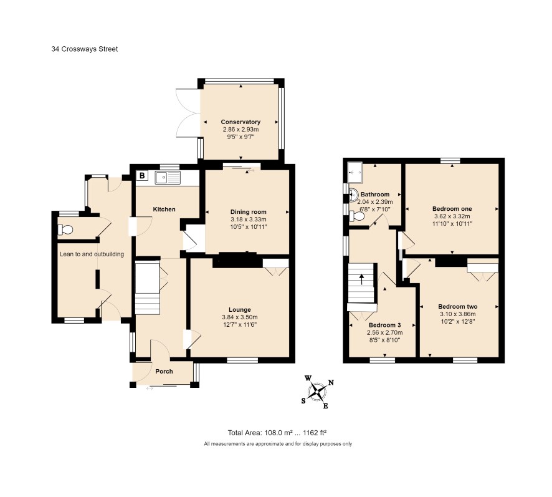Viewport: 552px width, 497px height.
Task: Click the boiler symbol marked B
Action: pyautogui.click(x=142, y=175)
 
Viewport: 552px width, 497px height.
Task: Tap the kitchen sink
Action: pyautogui.click(x=168, y=178)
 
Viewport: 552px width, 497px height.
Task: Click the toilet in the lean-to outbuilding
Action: pyautogui.click(x=65, y=230)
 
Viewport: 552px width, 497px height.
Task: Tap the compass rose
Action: pyautogui.click(x=318, y=391)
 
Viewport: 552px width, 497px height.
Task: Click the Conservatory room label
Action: pyautogui.click(x=240, y=122)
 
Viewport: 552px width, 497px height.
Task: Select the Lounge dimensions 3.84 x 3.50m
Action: pyautogui.click(x=240, y=317)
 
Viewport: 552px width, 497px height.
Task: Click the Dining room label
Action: pyautogui.click(x=248, y=212)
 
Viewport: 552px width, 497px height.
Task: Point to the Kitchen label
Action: pyautogui.click(x=164, y=210)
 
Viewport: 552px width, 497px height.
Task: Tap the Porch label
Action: pyautogui.click(x=164, y=372)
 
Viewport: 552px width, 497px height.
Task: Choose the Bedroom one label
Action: pyautogui.click(x=452, y=209)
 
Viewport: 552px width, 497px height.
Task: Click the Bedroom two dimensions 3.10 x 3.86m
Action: pyautogui.click(x=458, y=314)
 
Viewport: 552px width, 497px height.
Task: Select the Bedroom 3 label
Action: pyautogui.click(x=385, y=325)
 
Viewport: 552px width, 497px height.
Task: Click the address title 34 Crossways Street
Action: pyautogui.click(x=85, y=49)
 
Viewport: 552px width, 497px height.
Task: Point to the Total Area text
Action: pyautogui.click(x=278, y=433)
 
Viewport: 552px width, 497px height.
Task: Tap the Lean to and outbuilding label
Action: pyautogui.click(x=92, y=254)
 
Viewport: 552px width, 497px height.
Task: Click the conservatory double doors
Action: pyautogui.click(x=188, y=113)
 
